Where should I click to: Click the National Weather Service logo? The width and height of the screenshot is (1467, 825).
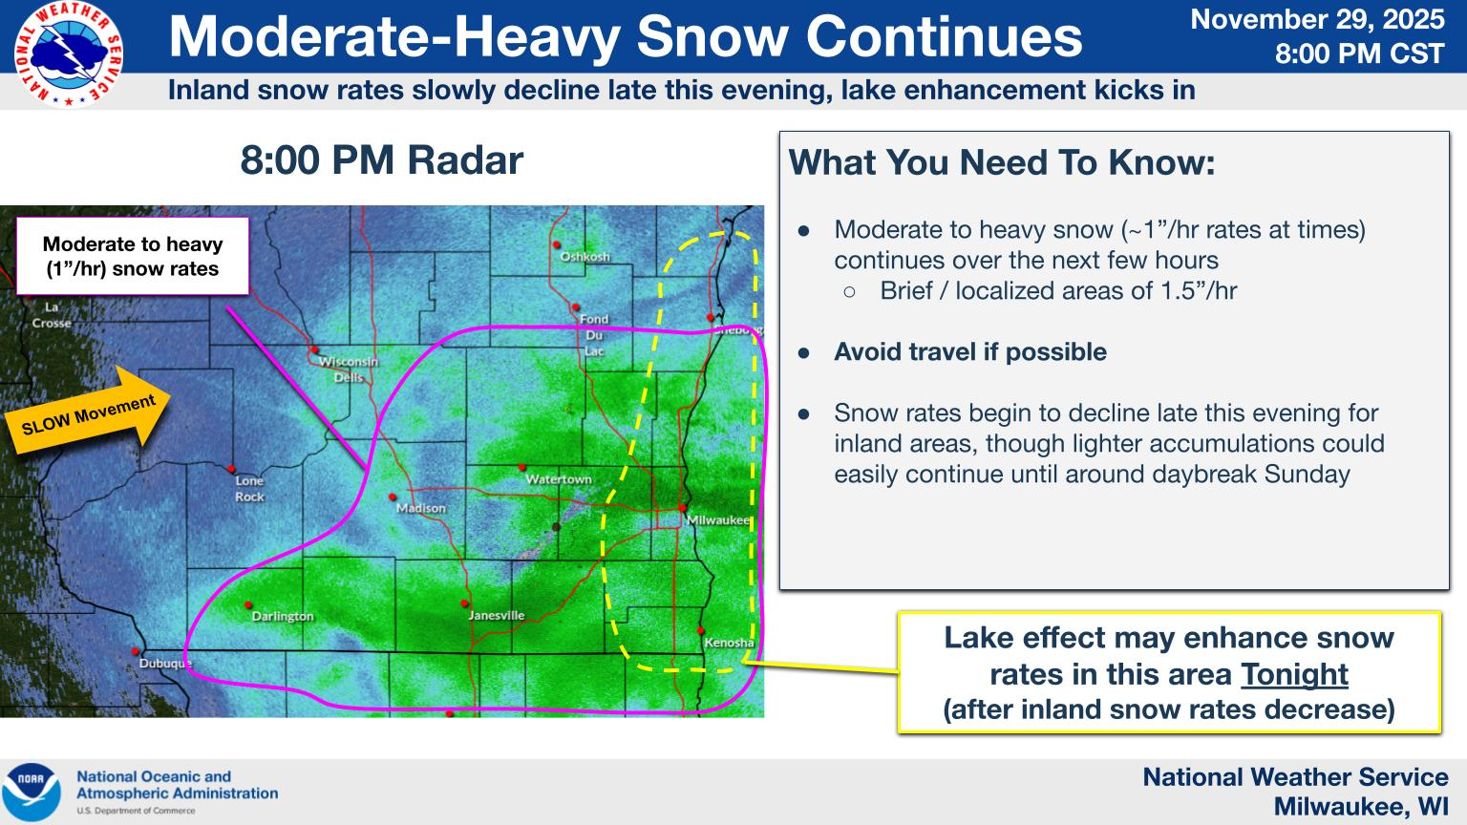(x=68, y=54)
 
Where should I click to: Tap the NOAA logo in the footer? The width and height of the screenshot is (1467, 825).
(x=32, y=793)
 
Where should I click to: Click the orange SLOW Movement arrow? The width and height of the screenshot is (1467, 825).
(x=88, y=412)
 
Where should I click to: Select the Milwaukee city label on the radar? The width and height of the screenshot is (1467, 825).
(x=718, y=519)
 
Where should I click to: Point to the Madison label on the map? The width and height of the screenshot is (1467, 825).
(x=421, y=508)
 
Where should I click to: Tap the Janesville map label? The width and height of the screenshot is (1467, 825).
(x=497, y=616)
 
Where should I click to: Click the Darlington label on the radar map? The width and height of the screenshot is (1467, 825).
(x=283, y=616)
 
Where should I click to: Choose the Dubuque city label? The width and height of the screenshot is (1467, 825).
(x=165, y=664)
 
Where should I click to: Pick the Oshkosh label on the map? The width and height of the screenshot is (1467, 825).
(x=585, y=257)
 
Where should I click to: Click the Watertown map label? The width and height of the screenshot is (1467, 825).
(x=559, y=479)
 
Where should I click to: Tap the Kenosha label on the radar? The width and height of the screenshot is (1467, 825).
(x=729, y=643)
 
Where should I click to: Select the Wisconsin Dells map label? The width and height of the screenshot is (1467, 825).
(x=349, y=370)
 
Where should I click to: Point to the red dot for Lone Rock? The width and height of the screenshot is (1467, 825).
(x=231, y=469)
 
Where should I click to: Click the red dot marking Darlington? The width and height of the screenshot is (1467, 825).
(x=248, y=605)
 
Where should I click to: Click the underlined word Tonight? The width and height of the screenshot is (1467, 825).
(x=1294, y=674)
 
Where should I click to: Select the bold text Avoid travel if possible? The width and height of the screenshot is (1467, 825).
(x=970, y=351)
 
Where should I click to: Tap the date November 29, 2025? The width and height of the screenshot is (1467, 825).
(x=1317, y=20)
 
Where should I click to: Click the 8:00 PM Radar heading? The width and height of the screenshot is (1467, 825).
(x=382, y=159)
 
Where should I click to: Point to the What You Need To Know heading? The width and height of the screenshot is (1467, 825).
(x=1001, y=161)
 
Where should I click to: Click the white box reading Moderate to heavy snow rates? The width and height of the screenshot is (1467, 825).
(x=133, y=256)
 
